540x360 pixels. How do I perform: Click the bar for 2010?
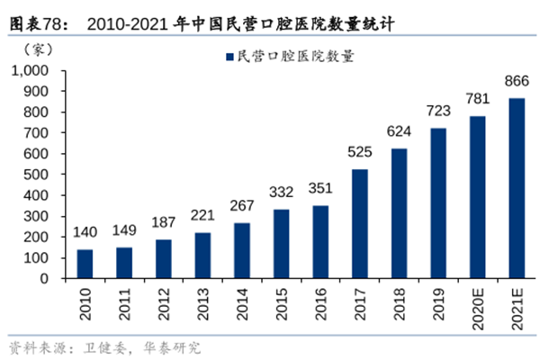point(85,264)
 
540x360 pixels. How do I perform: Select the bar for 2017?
point(360,224)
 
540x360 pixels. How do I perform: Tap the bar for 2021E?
point(517,188)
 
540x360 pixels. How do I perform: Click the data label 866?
point(517,82)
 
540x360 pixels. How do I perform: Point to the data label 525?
point(360,153)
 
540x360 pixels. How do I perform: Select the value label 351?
point(320,189)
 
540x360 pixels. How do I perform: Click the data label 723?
point(438,112)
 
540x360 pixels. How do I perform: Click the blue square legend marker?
point(227,56)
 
